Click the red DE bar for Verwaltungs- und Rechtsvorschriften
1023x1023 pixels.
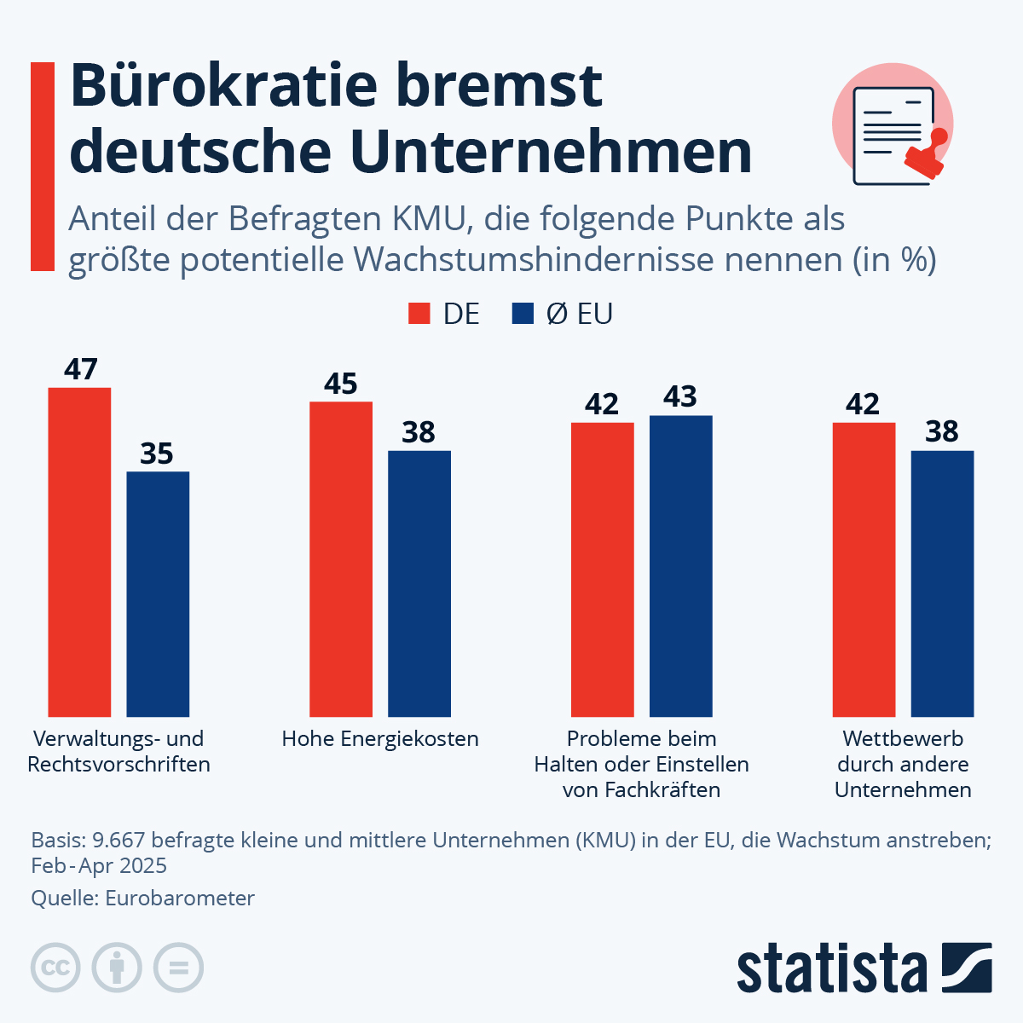[x=79, y=552]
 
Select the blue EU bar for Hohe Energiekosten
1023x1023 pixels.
[x=419, y=583]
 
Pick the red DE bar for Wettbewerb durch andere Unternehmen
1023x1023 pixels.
[x=864, y=569]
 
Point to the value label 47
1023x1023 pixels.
[x=81, y=370]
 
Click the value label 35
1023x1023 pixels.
[x=157, y=454]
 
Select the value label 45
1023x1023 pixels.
[x=341, y=384]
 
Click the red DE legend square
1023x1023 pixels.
[x=419, y=314]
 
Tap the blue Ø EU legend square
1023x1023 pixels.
[x=523, y=314]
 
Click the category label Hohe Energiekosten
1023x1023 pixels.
[x=380, y=738]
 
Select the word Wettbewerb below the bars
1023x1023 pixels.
[x=903, y=738]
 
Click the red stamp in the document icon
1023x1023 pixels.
[x=928, y=155]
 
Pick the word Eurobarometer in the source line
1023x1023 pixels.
[x=180, y=898]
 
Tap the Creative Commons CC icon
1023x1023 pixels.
[x=55, y=968]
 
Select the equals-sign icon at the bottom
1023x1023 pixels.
[x=178, y=968]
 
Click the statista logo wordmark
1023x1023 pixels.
[x=831, y=968]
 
